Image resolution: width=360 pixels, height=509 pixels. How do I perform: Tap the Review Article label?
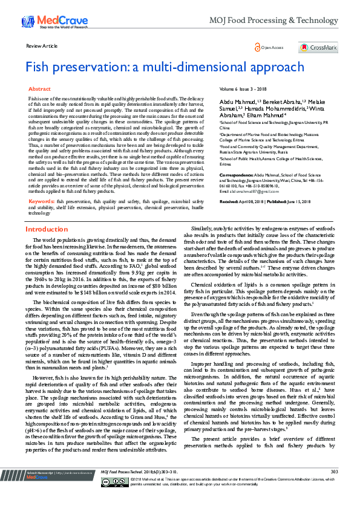tap(42, 46)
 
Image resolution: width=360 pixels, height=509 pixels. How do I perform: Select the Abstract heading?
tap(39, 89)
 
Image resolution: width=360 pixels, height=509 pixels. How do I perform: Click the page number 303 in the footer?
tap(334, 488)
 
